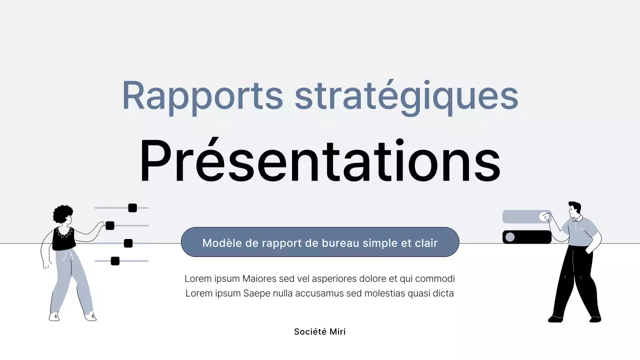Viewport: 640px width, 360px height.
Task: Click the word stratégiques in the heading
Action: (406, 96)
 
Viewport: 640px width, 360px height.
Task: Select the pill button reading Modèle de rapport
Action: (320, 242)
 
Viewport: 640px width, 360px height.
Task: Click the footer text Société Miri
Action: (319, 331)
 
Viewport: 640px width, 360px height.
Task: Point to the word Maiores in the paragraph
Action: (258, 278)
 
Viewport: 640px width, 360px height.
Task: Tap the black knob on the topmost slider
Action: (132, 208)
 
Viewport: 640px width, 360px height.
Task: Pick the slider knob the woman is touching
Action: (110, 225)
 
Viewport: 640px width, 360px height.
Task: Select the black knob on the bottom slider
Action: (115, 261)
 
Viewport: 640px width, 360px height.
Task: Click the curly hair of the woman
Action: (62, 214)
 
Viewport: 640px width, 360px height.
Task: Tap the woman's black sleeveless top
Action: (64, 239)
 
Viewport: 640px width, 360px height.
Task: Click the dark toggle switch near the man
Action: (526, 237)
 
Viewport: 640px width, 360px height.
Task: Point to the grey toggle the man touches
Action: (526, 216)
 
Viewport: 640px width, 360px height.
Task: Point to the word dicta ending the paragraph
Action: (443, 293)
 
